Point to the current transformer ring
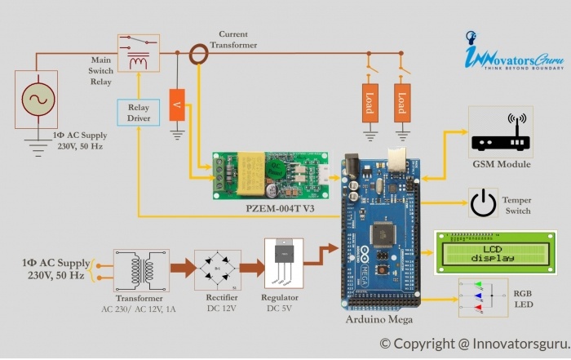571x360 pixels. point(199,55)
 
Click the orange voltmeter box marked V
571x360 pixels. point(176,104)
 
